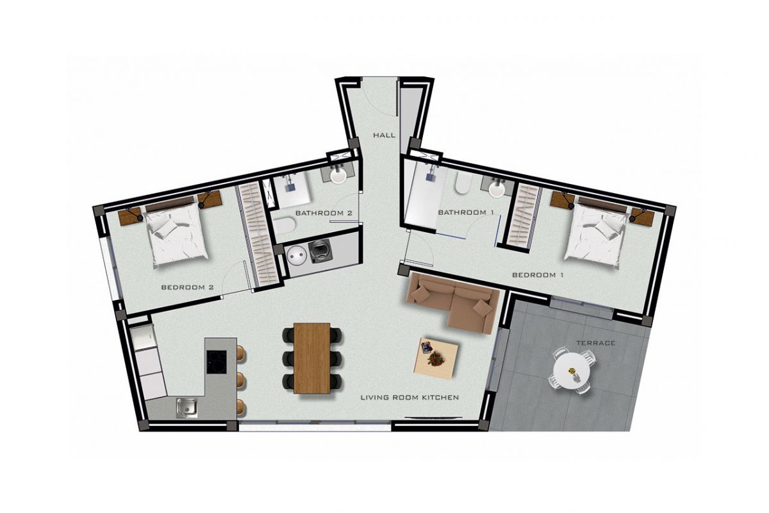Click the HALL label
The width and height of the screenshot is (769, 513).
pyautogui.click(x=384, y=135)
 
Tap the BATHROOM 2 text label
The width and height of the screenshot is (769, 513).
pyautogui.click(x=324, y=213)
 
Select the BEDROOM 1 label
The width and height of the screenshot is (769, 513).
pyautogui.click(x=538, y=275)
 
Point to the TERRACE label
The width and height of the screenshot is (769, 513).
pyautogui.click(x=595, y=343)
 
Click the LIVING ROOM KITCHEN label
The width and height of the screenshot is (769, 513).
pyautogui.click(x=409, y=398)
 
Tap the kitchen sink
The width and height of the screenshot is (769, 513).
pyautogui.click(x=187, y=408)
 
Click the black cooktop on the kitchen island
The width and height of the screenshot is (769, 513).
pyautogui.click(x=217, y=362)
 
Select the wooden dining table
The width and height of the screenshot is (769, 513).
pyautogui.click(x=312, y=358)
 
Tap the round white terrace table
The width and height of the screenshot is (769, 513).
pyautogui.click(x=572, y=372)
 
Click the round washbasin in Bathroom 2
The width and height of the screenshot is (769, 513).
pyautogui.click(x=338, y=176)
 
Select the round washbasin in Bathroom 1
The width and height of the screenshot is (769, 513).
pyautogui.click(x=497, y=190)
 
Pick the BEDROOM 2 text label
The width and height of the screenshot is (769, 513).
pyautogui.click(x=187, y=287)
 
